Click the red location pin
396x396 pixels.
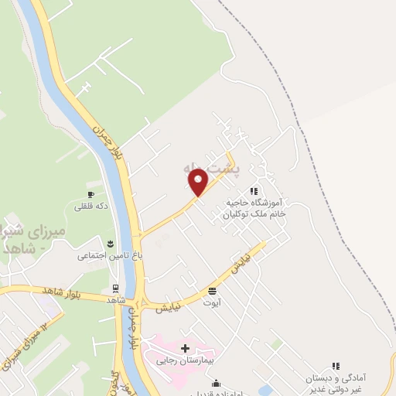(199, 182)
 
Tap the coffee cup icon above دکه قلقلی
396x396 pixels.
(90, 194)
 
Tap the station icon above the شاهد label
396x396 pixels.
(116, 288)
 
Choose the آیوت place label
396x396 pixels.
(212, 304)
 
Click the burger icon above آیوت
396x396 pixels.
(212, 292)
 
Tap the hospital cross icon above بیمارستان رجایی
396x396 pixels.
(184, 349)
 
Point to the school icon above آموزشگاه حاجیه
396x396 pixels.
(253, 190)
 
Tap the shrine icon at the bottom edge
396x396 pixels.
(217, 383)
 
